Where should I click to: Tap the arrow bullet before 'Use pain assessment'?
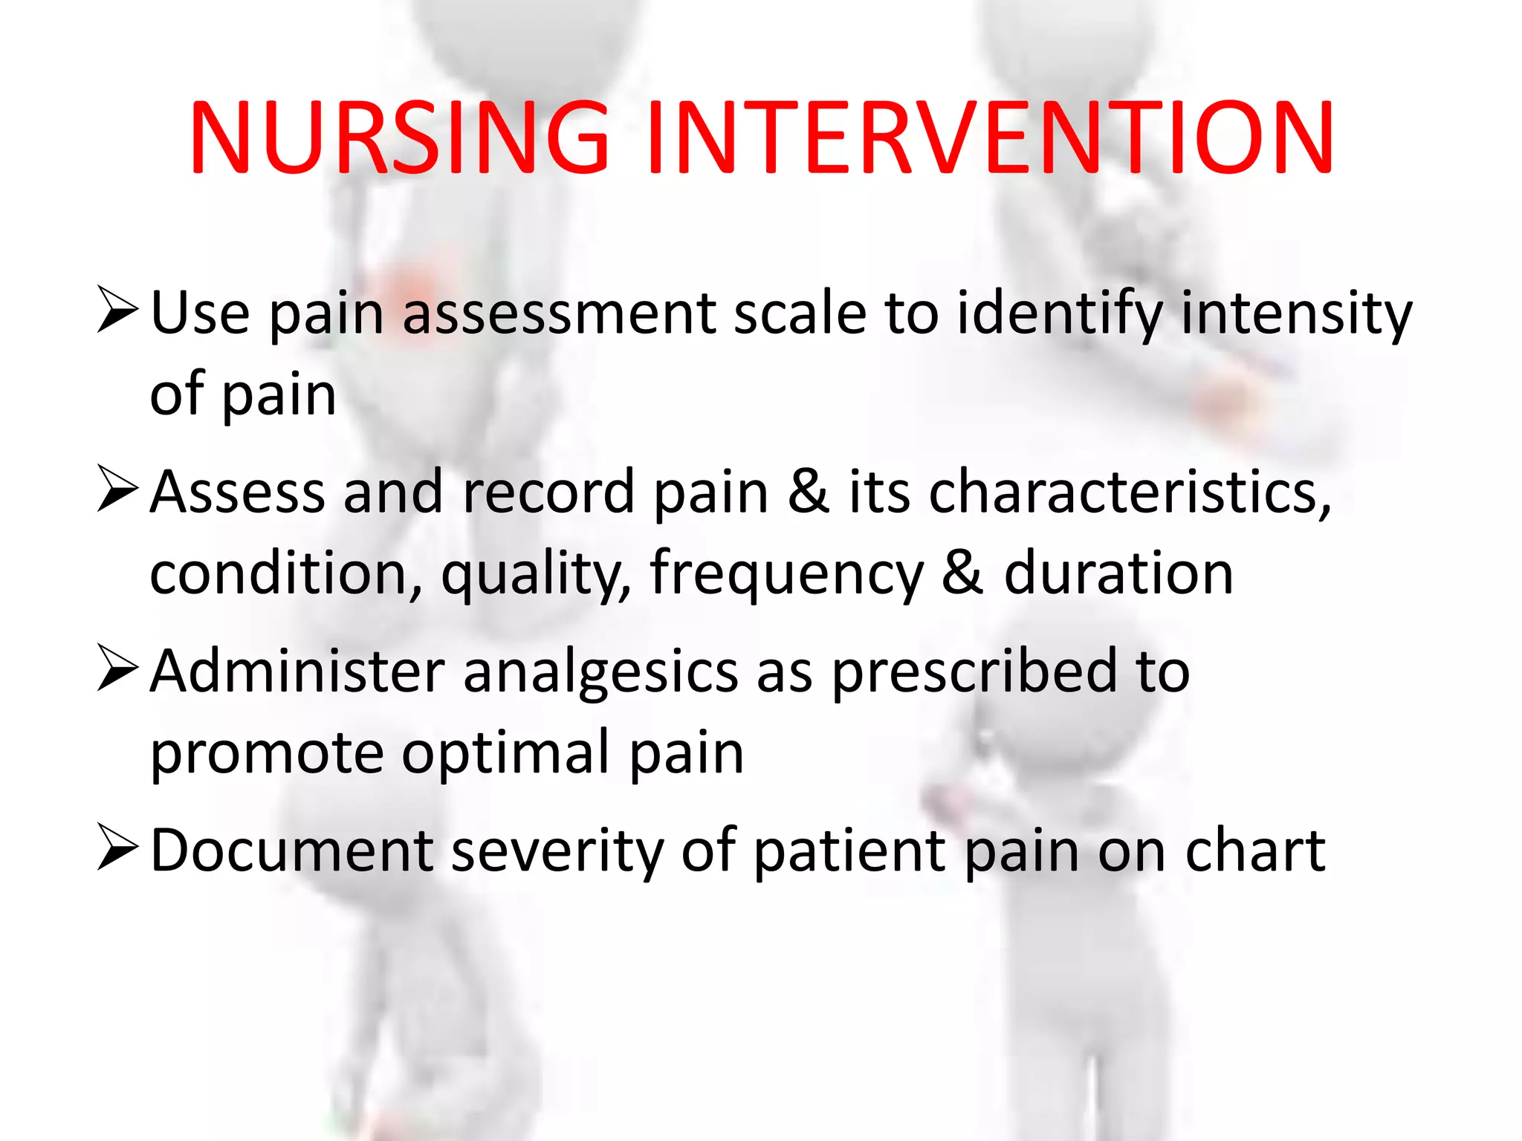pos(117,311)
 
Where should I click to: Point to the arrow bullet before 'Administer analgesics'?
pos(117,669)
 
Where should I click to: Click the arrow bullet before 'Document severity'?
pos(117,849)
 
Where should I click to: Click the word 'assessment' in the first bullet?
pos(560,313)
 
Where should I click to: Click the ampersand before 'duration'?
pos(962,573)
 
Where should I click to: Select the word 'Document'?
pos(291,851)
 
